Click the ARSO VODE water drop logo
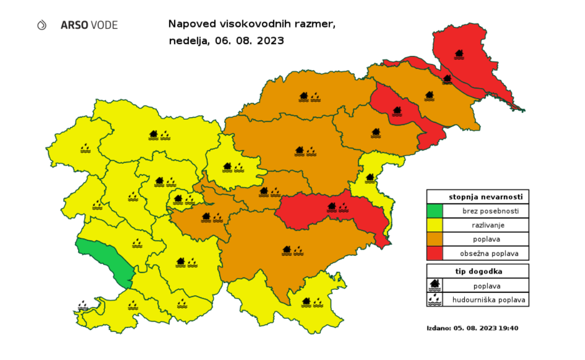point(42,24)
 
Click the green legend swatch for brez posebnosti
point(435,211)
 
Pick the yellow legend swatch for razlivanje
point(435,225)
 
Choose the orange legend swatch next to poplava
point(435,239)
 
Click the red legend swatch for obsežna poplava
point(435,253)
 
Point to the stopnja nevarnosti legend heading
point(478,196)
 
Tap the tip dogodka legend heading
point(478,271)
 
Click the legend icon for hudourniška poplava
point(435,299)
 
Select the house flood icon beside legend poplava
point(435,285)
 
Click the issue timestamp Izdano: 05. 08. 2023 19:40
point(472,328)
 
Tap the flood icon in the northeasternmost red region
point(459,54)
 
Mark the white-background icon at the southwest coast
point(83,305)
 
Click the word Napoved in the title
point(190,24)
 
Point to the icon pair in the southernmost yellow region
point(312,302)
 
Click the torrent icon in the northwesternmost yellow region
point(85,147)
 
